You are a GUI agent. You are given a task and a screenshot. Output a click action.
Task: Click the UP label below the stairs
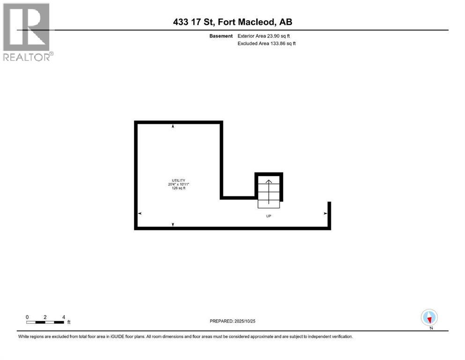coord(268,216)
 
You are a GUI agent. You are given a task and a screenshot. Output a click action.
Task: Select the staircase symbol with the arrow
coord(269,192)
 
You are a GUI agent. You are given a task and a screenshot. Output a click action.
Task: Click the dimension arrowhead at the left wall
coord(140,213)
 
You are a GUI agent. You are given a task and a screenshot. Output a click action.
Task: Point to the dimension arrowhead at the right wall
coord(325,213)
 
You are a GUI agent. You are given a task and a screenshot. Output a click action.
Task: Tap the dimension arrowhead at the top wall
coord(173,126)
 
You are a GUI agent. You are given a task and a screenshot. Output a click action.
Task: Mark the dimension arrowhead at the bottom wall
coord(173,225)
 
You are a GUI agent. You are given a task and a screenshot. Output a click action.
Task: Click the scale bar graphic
coord(45,322)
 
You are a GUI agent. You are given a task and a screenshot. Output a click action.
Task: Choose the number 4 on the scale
coord(63,317)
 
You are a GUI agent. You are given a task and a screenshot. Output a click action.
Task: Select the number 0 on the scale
coord(28,317)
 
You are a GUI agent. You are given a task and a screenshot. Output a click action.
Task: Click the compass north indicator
coord(429,317)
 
